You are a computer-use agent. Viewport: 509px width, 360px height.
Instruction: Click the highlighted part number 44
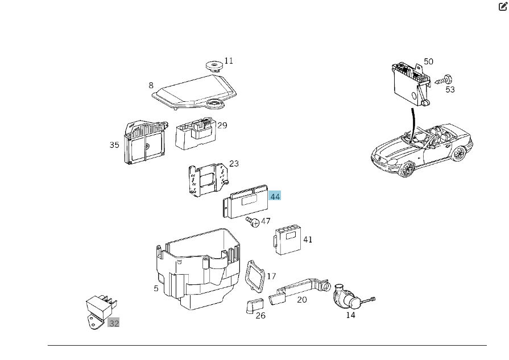click(x=275, y=196)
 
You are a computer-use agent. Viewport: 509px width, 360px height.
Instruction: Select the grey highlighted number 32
click(x=114, y=323)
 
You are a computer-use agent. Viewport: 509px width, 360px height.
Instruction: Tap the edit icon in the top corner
click(x=502, y=7)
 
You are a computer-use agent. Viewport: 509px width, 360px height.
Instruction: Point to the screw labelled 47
click(x=253, y=222)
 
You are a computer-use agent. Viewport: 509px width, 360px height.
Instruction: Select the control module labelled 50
click(x=409, y=82)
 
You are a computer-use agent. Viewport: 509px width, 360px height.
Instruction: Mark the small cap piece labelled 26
click(x=253, y=306)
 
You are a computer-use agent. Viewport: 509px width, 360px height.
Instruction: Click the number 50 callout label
click(x=428, y=61)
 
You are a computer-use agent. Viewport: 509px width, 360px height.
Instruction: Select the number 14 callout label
click(x=350, y=315)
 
